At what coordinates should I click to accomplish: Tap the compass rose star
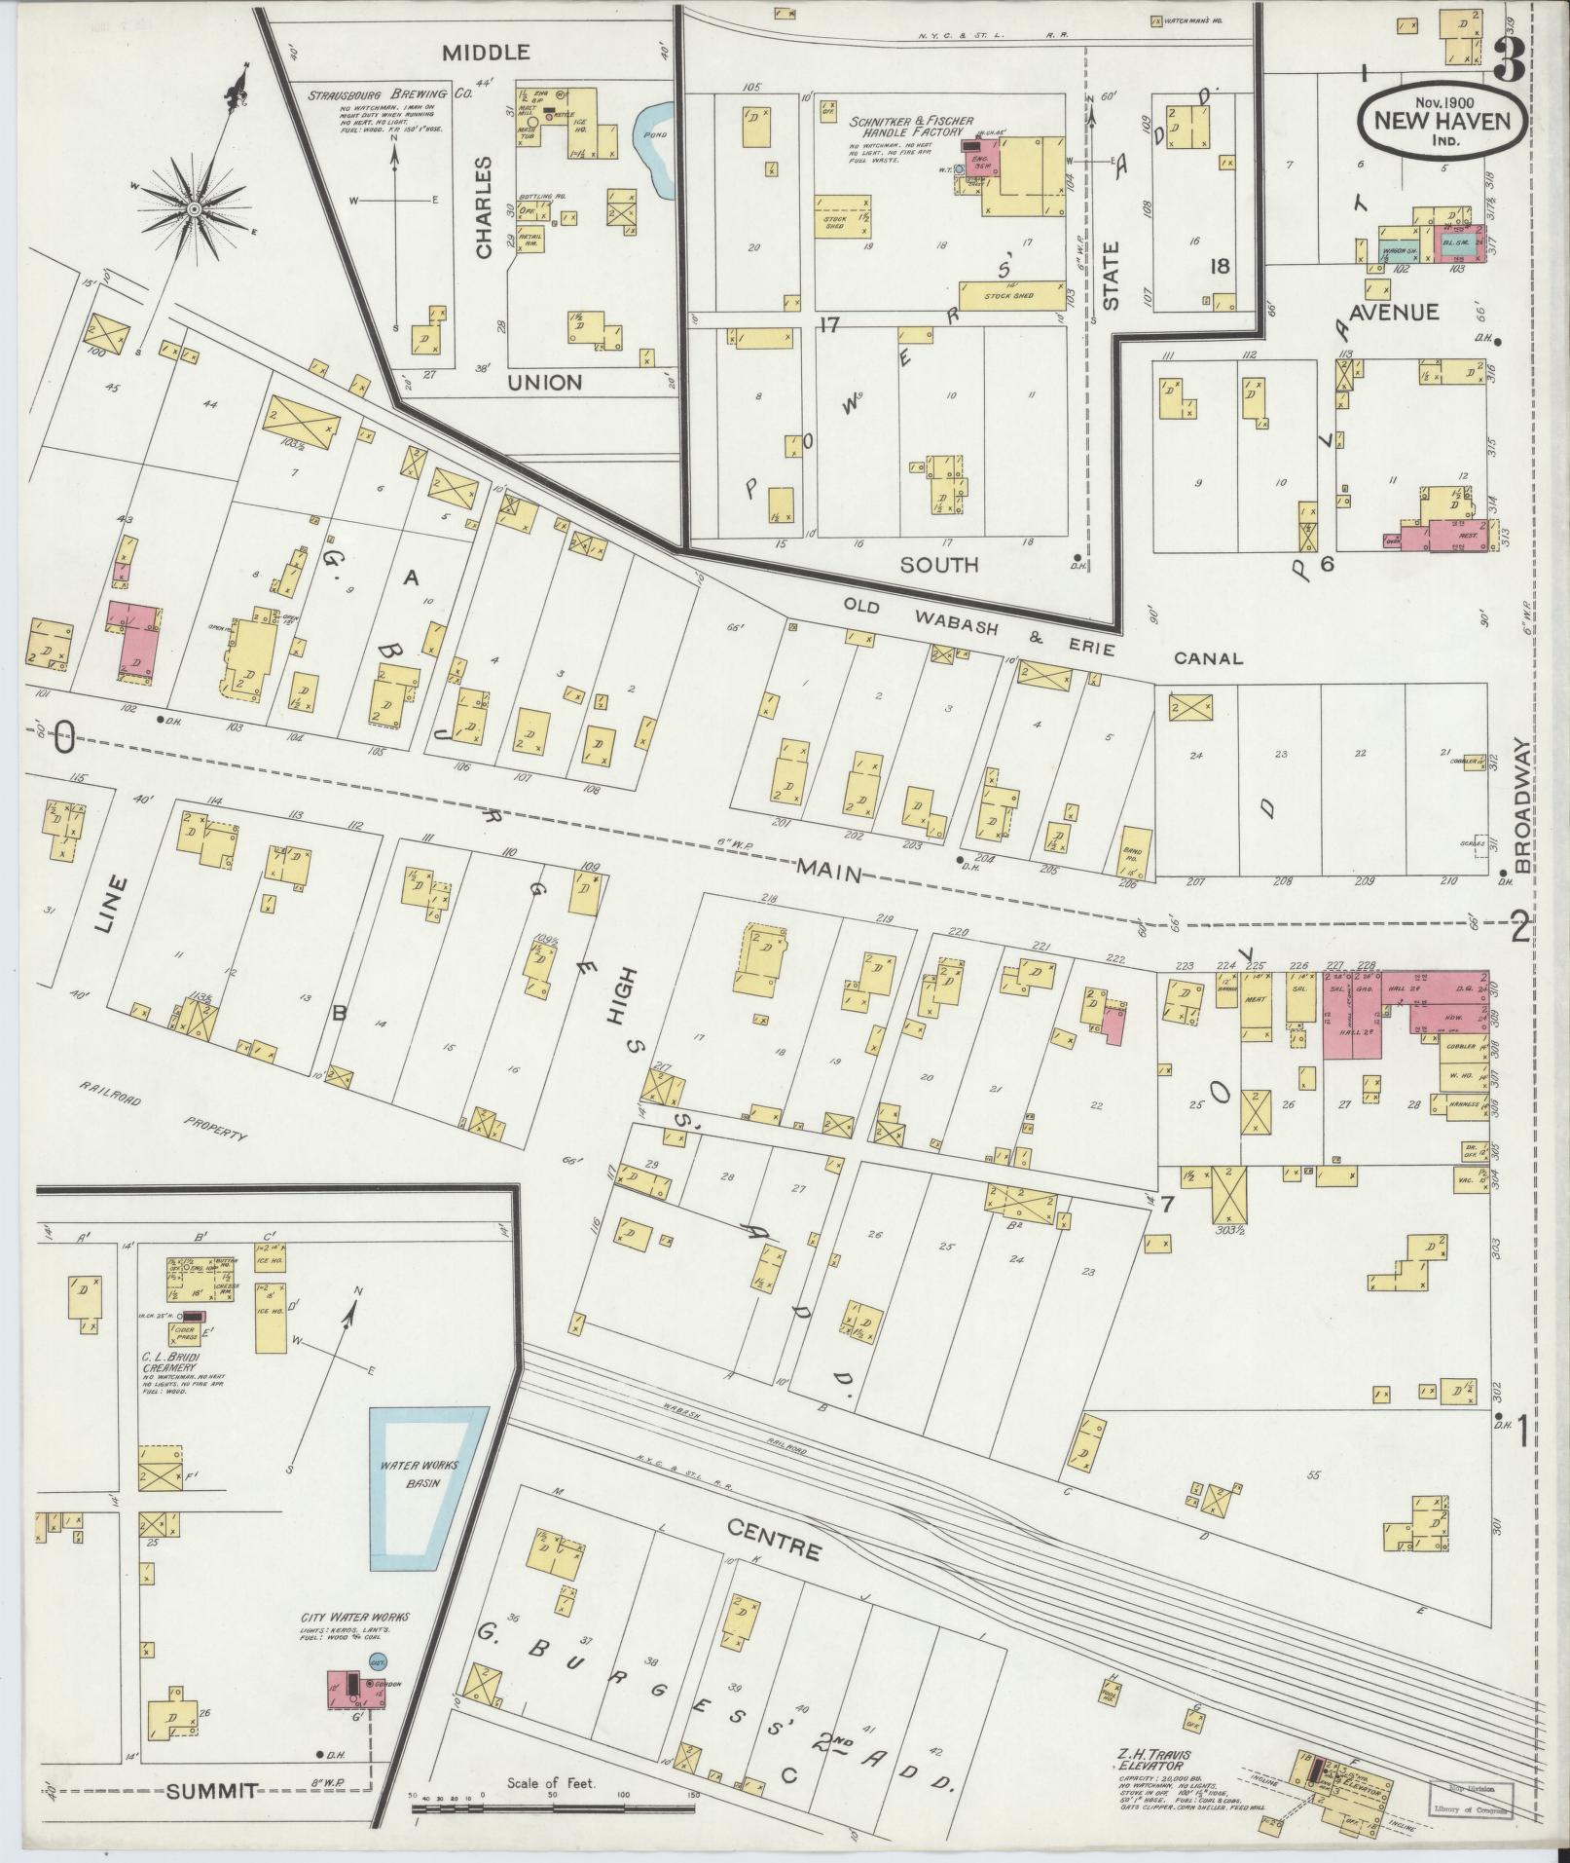(x=195, y=208)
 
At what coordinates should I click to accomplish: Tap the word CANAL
(x=1208, y=659)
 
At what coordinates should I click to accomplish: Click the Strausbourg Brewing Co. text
(x=390, y=94)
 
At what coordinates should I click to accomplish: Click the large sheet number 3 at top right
(x=1508, y=61)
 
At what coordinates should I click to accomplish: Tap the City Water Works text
(x=354, y=1618)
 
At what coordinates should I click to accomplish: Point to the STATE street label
(x=1111, y=276)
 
